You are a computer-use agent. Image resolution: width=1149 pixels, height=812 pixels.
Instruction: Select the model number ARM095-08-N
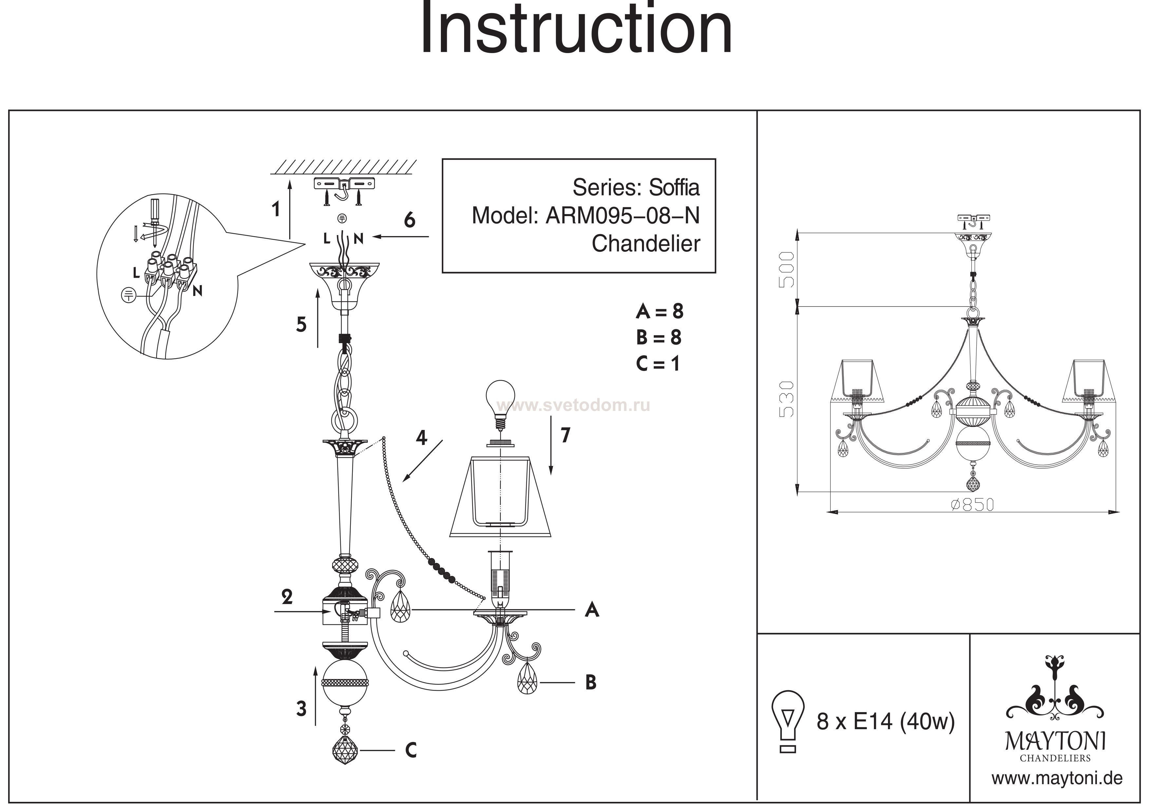[x=622, y=216]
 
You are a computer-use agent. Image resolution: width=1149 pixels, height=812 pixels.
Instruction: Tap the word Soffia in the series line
[x=674, y=188]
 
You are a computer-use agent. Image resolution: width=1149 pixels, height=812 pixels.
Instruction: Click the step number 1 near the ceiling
[x=276, y=209]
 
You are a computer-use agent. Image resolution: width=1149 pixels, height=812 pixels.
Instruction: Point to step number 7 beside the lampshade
[x=565, y=435]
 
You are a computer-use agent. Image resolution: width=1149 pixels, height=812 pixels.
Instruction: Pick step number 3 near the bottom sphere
[x=301, y=709]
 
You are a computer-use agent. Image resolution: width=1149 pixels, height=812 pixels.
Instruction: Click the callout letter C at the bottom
[x=411, y=750]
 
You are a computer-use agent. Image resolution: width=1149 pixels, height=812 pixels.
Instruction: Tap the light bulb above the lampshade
[x=501, y=399]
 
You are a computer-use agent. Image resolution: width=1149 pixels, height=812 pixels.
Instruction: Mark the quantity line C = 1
[x=658, y=364]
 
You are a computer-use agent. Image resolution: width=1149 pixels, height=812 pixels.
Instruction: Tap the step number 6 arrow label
[x=409, y=220]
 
